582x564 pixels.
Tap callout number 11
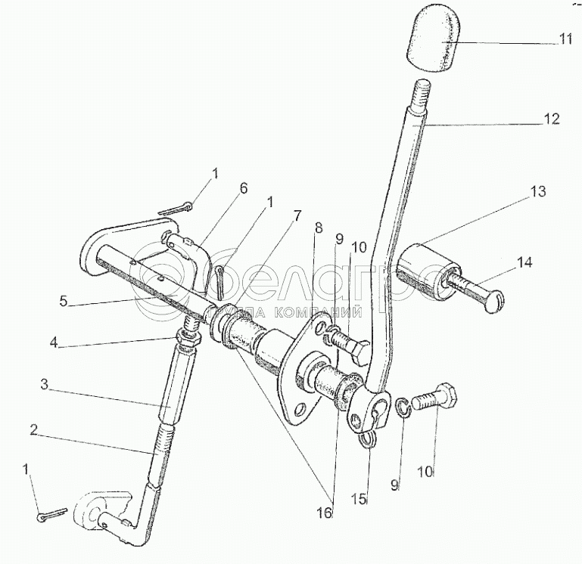pos(567,40)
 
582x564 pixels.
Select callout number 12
pos(552,119)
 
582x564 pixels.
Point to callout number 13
pos(537,192)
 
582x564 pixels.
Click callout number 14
pos(525,262)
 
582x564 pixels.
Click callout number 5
pos(65,302)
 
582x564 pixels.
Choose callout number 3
pos(45,386)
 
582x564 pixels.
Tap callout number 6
pos(244,189)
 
